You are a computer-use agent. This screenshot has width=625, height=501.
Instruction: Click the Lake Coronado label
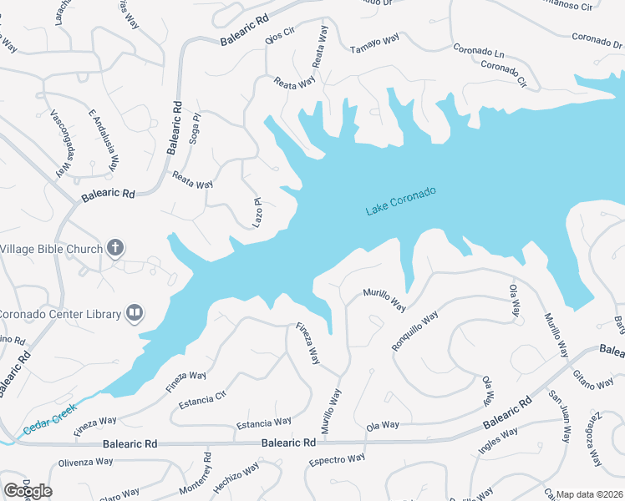(401, 201)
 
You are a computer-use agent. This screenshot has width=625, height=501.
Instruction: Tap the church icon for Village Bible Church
(116, 248)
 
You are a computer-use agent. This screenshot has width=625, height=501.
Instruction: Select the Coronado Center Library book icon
(134, 313)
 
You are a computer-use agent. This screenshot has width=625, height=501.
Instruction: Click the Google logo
(28, 491)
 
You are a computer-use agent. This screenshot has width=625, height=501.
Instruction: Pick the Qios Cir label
(280, 38)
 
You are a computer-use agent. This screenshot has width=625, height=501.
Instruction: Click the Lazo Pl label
(258, 213)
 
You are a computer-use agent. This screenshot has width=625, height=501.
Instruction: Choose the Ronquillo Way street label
(415, 331)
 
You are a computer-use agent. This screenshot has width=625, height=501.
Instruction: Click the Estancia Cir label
(203, 398)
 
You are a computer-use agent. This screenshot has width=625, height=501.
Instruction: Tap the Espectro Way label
(338, 460)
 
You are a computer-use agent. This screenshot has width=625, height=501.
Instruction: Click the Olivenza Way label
(85, 462)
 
